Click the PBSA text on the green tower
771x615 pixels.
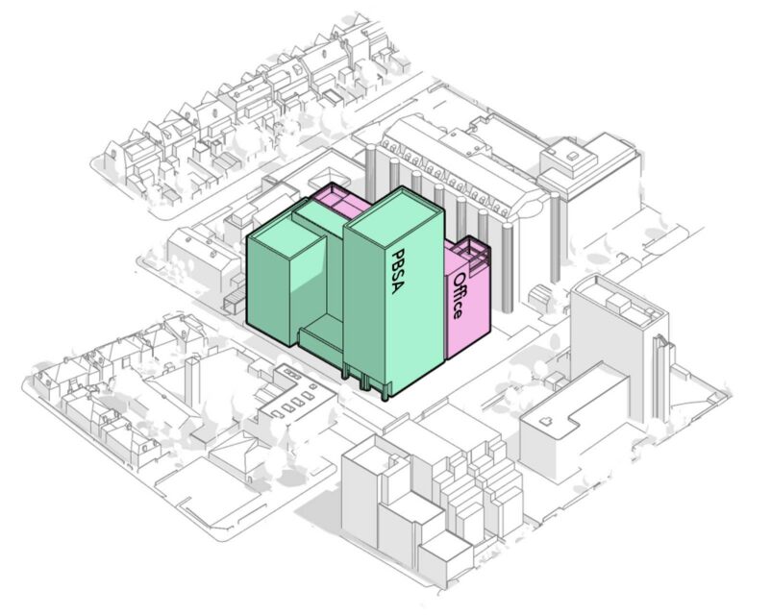point(401,272)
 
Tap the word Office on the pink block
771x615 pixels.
point(460,295)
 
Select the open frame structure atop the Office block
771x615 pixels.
point(471,254)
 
